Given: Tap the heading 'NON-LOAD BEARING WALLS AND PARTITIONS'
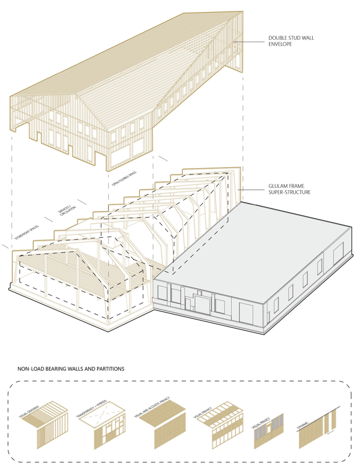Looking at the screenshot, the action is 71,369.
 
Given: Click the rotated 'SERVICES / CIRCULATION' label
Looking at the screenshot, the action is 68,206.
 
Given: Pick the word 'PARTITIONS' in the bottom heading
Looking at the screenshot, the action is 109,369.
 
